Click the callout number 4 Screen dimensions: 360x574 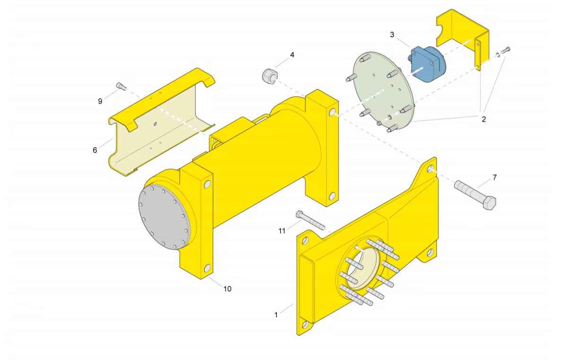coord(292,55)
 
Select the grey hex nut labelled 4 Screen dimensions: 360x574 coord(270,76)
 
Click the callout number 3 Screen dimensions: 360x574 coord(392,34)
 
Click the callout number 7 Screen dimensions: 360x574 coord(495,177)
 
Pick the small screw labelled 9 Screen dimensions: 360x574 coord(121,86)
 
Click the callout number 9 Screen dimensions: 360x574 coord(100,101)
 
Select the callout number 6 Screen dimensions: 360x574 coord(95,150)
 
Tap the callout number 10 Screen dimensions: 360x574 coord(227,289)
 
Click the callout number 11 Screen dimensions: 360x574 coord(282,231)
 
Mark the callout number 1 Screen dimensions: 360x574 coord(277,315)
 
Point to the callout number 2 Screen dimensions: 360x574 coord(484,119)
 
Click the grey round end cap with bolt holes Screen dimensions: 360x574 coord(164,218)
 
